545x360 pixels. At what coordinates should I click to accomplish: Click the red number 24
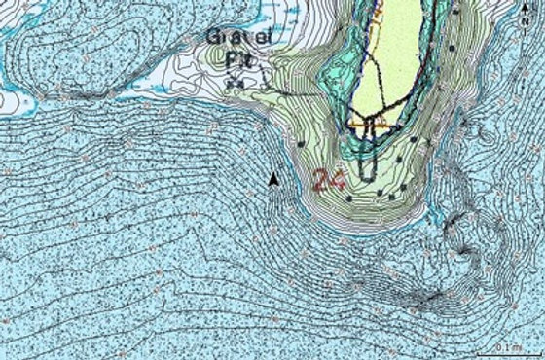pyautogui.click(x=328, y=179)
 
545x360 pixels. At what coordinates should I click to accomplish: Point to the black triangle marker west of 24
pyautogui.click(x=274, y=179)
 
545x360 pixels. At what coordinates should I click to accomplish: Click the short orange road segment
pyautogui.click(x=370, y=127)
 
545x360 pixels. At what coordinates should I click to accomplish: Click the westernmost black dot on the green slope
pyautogui.click(x=303, y=143)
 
